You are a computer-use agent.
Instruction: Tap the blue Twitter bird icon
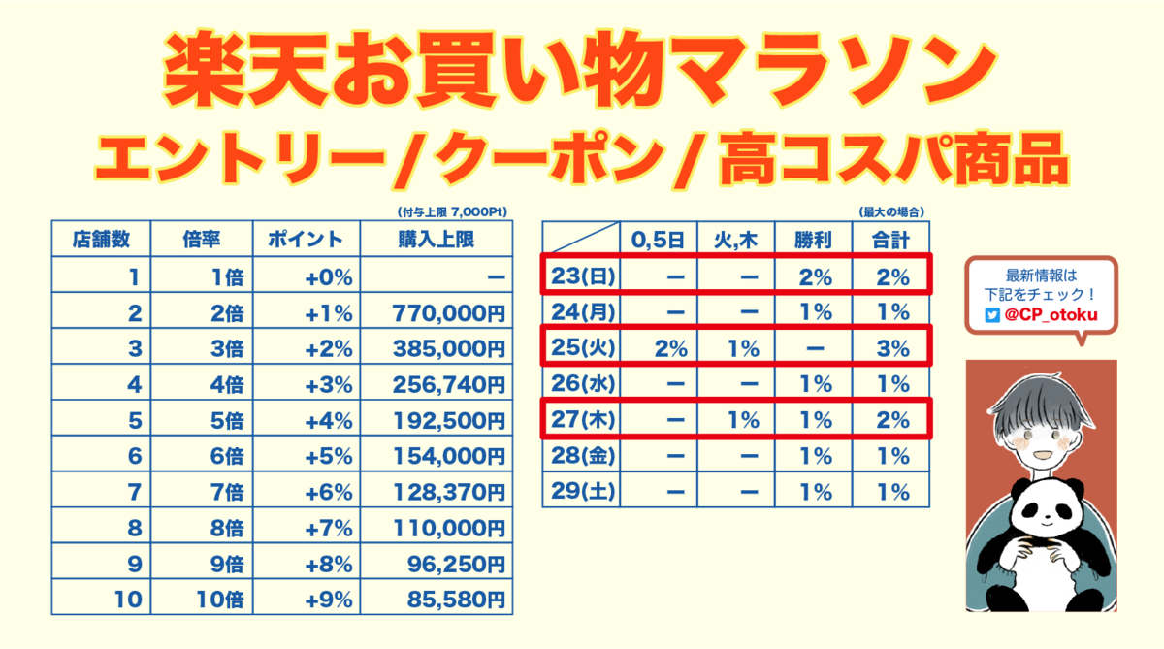pos(991,315)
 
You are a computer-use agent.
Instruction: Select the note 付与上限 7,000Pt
pos(452,211)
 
